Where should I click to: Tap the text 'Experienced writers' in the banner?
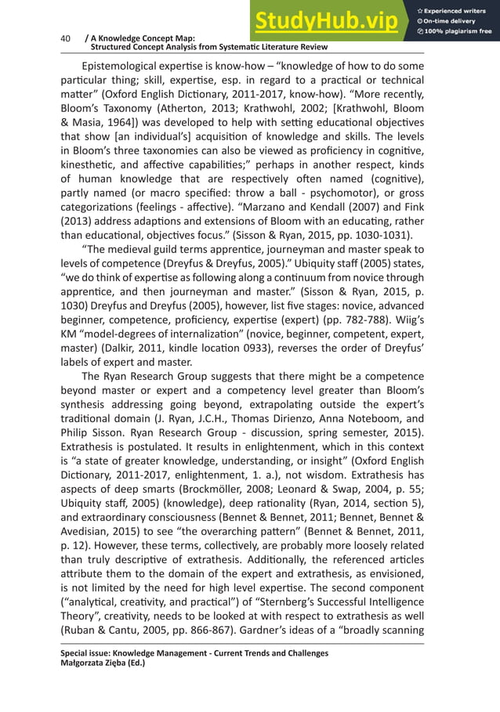tap(455, 10)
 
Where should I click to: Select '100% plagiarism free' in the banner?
tap(458, 31)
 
